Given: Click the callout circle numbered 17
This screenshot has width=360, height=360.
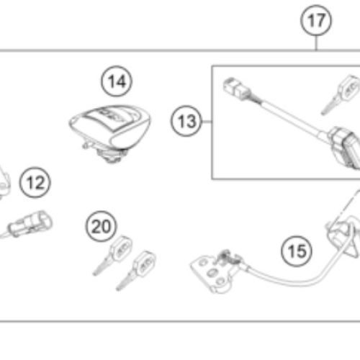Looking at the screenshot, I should pos(315,21).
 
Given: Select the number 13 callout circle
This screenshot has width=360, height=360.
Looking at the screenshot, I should pos(187,122).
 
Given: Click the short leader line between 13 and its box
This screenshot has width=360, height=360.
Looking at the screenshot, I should pos(206,122).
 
